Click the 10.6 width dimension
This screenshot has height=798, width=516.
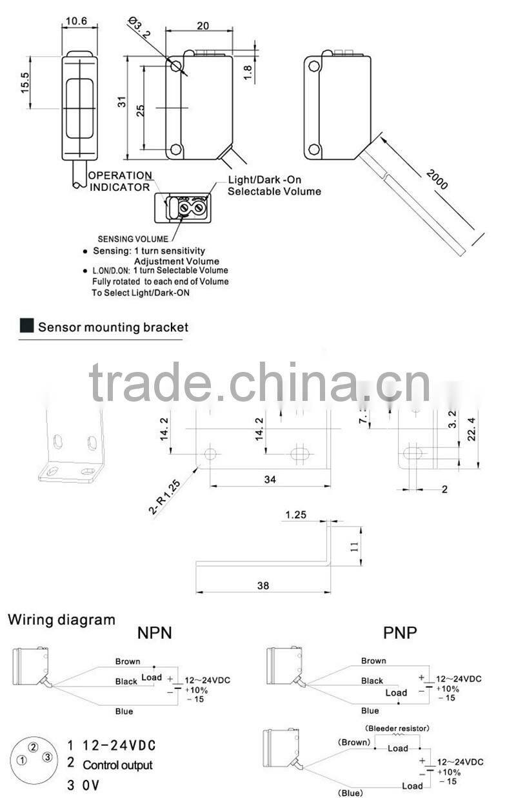click(76, 21)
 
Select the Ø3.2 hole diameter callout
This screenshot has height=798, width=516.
click(139, 29)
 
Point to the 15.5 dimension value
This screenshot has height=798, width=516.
click(25, 83)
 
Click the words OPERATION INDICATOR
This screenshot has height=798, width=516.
click(120, 181)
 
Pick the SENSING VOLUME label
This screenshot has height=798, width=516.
click(133, 239)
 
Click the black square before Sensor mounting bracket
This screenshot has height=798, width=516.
click(27, 326)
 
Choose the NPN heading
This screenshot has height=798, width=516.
click(155, 632)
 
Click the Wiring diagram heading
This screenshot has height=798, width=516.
click(61, 620)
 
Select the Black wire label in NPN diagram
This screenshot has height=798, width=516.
click(126, 681)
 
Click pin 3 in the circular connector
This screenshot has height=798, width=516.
click(46, 757)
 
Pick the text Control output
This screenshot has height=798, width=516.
click(118, 765)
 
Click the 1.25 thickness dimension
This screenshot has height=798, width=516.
click(295, 515)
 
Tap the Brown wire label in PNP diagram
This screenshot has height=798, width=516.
click(373, 661)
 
